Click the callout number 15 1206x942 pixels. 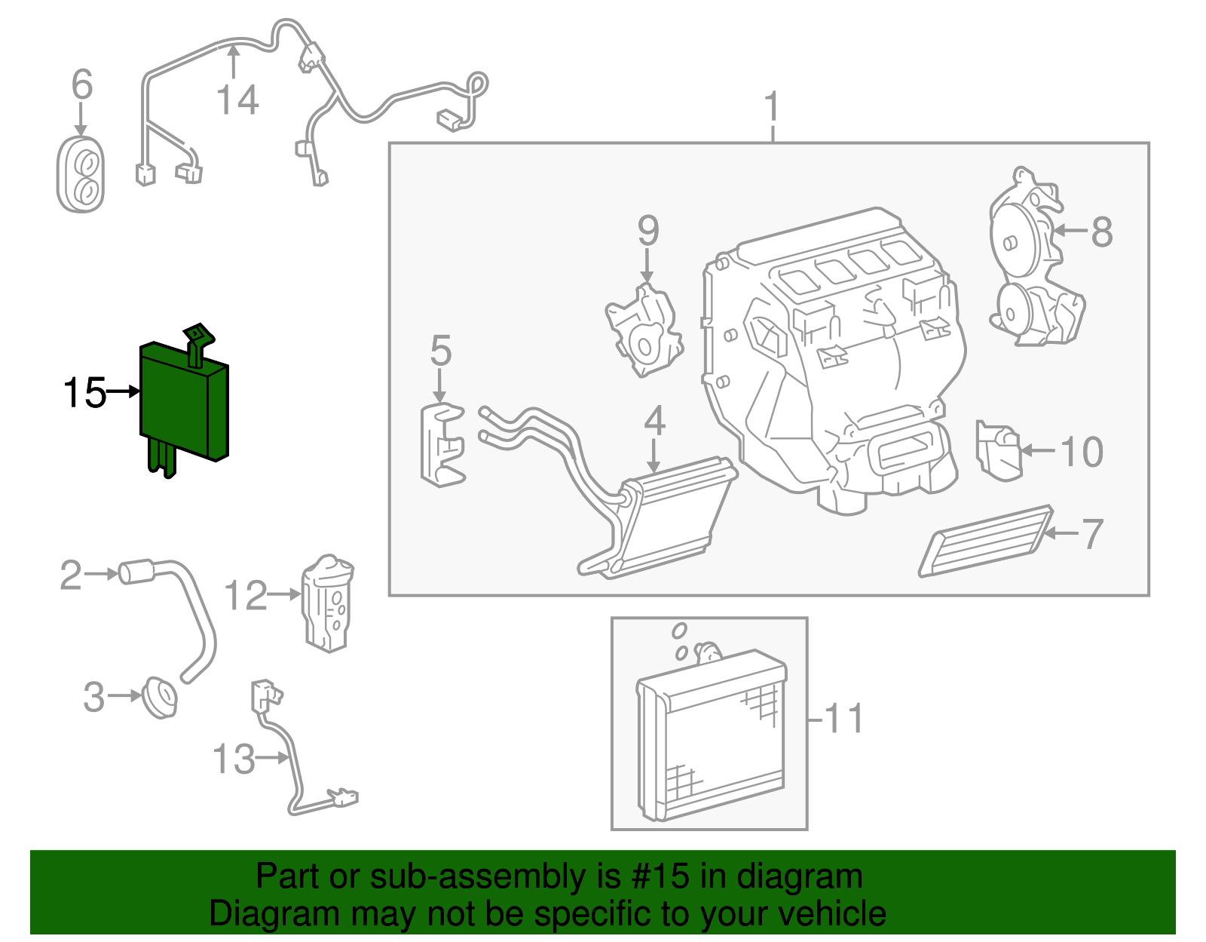click(x=84, y=393)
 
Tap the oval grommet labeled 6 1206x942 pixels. click(x=81, y=176)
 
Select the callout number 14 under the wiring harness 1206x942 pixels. click(x=237, y=100)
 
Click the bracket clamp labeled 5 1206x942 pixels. click(x=442, y=445)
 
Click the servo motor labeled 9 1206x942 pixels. click(x=644, y=332)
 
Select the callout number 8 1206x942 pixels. click(x=1102, y=232)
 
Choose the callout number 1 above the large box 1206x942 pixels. click(x=772, y=109)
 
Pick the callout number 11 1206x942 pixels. click(x=845, y=719)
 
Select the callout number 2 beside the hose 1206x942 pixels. click(x=71, y=575)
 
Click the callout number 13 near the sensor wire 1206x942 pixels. click(x=234, y=759)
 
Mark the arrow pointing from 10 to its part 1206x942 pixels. click(x=1039, y=451)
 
